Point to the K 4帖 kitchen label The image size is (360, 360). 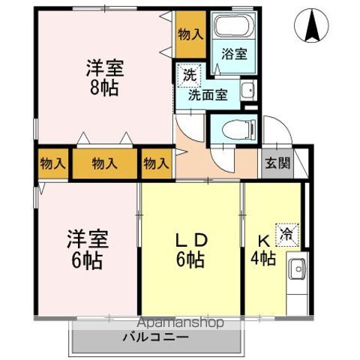point(263,250)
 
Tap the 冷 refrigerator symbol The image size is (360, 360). point(286,232)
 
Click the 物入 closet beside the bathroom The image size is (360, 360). point(190,34)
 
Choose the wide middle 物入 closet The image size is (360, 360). point(103,163)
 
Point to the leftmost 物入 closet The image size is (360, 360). point(52,163)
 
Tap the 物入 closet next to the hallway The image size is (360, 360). point(156,163)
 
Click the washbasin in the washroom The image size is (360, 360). point(247,92)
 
